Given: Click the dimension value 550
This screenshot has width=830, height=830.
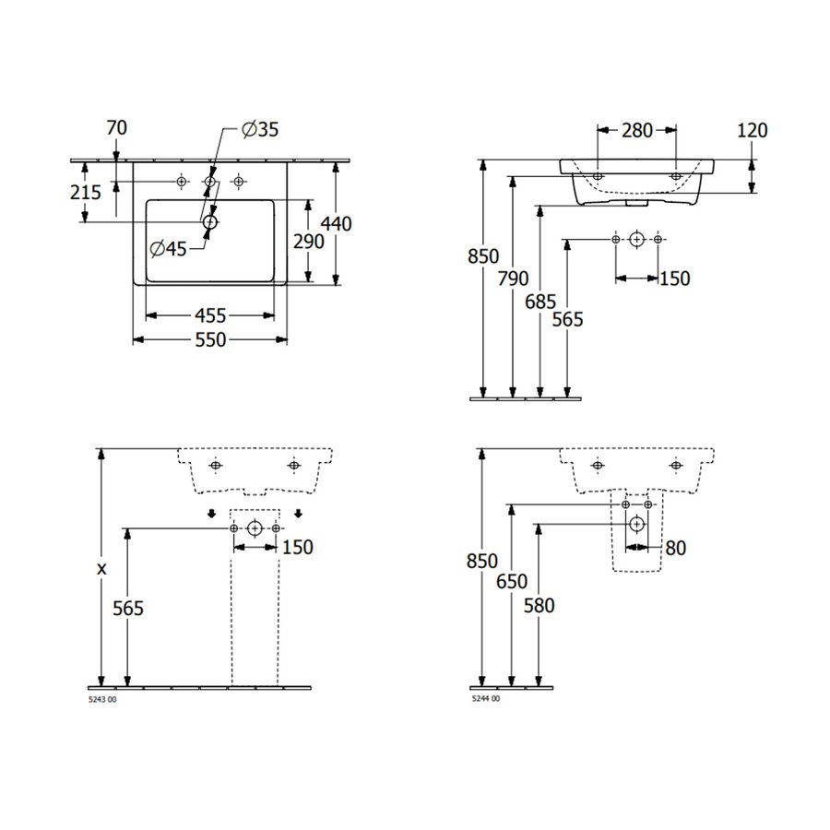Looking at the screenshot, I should click(x=211, y=340).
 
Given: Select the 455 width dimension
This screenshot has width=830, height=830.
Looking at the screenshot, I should click(x=211, y=315).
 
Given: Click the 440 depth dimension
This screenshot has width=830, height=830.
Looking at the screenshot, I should click(x=337, y=223).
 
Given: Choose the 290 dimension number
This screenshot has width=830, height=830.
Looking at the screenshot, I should click(x=308, y=242).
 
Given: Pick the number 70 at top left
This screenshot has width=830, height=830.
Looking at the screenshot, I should click(x=116, y=128).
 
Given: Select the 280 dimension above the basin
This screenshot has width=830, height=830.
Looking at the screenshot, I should click(x=636, y=130).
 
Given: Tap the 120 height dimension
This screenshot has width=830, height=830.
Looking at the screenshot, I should click(x=753, y=130).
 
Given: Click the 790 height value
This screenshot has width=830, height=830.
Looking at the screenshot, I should click(x=513, y=278).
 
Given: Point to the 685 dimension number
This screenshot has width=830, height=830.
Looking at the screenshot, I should click(x=540, y=301).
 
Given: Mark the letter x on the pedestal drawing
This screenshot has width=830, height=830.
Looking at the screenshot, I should click(x=101, y=568).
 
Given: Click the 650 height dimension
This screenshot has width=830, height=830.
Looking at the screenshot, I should click(x=512, y=582).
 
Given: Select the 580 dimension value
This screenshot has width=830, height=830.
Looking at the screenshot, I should click(x=539, y=606).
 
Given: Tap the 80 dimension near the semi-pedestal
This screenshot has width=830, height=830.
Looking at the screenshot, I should click(x=676, y=548).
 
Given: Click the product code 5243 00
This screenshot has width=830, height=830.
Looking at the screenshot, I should click(x=102, y=700).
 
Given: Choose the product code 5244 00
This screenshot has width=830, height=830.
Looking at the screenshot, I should click(x=485, y=700).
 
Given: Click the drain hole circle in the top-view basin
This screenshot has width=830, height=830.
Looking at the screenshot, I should click(x=210, y=221).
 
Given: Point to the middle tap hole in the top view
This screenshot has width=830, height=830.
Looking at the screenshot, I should click(x=210, y=181).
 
